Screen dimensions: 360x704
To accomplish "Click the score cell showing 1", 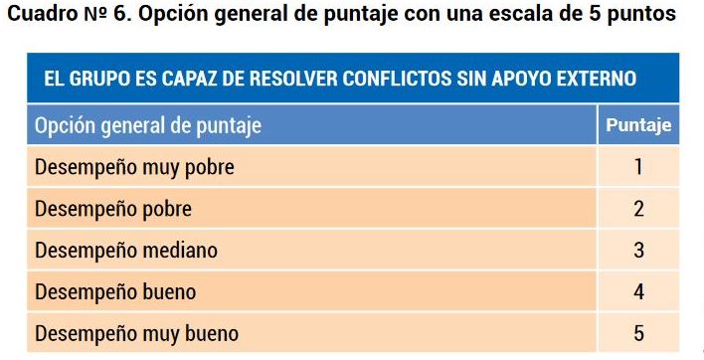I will coord(638,167).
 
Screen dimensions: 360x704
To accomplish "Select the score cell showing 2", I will coord(638,209).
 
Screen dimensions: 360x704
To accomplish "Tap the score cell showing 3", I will coord(638,251).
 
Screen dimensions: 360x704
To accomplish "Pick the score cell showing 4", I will coord(638,292).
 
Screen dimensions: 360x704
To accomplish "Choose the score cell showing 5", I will coord(638,333).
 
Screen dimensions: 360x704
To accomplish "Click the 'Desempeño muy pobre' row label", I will coord(134,167).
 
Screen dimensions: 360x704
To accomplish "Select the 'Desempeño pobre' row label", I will coord(112,209).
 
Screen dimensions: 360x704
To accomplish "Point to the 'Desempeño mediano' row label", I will coord(125,251).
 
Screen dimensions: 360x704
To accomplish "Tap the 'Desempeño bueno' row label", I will coord(115,292).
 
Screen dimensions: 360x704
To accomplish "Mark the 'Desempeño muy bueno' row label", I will coord(136,333).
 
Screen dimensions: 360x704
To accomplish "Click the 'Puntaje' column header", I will coord(638,125).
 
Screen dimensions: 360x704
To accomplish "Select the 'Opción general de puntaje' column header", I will coord(148,126).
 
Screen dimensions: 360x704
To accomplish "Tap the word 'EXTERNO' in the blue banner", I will coord(593,79).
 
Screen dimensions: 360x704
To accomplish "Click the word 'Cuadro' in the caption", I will coord(37,17).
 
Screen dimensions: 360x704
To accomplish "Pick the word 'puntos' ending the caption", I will coord(639,17).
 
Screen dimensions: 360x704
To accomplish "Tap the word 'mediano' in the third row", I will coord(178,251).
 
